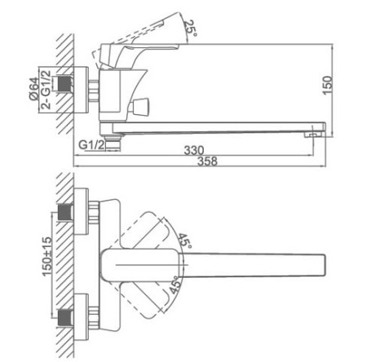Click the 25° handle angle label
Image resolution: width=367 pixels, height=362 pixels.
[190, 29]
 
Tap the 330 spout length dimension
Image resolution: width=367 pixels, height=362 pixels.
[194, 150]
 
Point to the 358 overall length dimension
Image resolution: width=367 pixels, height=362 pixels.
[207, 161]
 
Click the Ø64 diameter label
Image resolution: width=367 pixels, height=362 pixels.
[34, 89]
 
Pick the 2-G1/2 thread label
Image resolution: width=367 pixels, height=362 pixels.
[46, 90]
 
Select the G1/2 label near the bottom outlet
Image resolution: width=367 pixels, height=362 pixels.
[91, 145]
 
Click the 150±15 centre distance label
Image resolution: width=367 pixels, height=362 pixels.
[46, 257]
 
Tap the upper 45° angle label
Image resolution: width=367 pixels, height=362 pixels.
[185, 241]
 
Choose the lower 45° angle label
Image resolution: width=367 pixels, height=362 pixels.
[175, 285]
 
